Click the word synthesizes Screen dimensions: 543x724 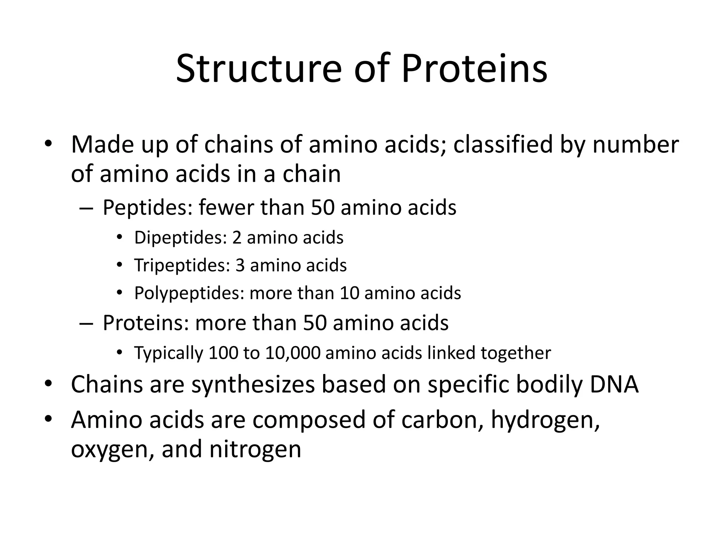(253, 385)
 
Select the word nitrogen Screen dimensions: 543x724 (255, 449)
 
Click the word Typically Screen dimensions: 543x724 (169, 353)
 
